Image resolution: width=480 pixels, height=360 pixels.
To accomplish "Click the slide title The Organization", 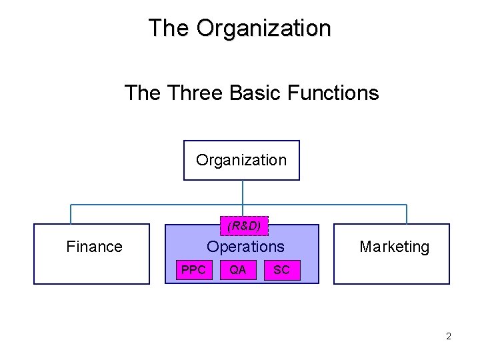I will (239, 28).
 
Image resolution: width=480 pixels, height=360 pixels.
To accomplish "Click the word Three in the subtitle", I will (195, 92).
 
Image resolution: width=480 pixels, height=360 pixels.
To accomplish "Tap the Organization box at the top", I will (241, 160).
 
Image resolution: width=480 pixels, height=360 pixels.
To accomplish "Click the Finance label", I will (94, 247).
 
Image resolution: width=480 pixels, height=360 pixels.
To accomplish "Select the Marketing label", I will (394, 247).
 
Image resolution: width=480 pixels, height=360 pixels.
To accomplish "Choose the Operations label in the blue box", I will (245, 247).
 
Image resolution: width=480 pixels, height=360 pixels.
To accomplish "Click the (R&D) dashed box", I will (244, 226).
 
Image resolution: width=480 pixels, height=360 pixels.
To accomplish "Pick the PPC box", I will (193, 270).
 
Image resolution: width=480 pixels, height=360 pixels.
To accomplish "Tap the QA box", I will (237, 270).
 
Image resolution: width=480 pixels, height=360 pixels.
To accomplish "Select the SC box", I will (281, 270).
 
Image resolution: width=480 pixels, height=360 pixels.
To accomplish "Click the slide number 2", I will (449, 336).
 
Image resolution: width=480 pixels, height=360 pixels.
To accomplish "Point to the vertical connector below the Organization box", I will (243, 192).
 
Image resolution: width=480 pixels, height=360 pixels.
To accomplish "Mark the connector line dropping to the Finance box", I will (71, 214).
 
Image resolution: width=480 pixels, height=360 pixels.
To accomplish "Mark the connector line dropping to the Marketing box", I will (407, 214).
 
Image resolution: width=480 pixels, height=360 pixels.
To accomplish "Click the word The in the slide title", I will (169, 28).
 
